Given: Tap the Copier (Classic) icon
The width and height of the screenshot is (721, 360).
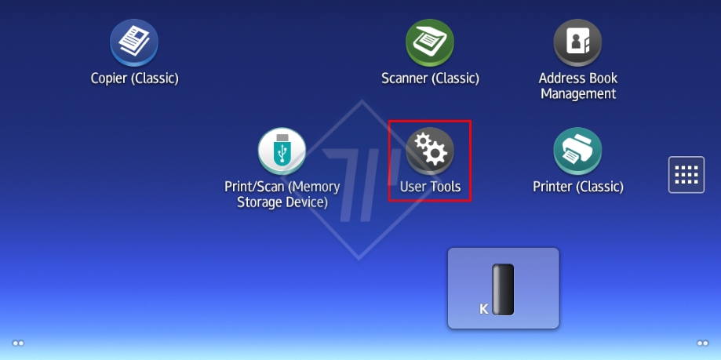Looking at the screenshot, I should point(134,42).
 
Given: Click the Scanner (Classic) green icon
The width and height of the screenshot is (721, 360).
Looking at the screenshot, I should point(430,42).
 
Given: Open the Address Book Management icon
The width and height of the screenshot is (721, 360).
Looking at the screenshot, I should point(577,42).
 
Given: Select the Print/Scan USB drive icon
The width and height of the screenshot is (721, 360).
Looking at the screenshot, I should point(282,151).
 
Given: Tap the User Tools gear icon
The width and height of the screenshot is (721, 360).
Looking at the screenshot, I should point(430,151).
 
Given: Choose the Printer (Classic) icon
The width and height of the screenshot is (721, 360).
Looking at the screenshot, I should point(577,151).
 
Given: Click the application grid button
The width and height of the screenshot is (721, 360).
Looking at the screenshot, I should point(686,174).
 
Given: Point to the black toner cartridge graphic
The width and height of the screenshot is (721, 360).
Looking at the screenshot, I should point(503,289).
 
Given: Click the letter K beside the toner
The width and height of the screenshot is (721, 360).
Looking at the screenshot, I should point(484,309).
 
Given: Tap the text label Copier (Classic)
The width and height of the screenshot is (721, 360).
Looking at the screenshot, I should point(134,78).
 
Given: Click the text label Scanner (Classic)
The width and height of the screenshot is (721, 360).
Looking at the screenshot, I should point(430,78).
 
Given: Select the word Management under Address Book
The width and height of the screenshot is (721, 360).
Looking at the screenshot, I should point(577,94).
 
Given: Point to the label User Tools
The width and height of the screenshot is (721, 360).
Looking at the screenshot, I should point(430,187).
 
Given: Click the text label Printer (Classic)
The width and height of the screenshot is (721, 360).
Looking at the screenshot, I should point(577,187).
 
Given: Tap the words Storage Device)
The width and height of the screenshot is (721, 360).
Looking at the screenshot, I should point(282,202).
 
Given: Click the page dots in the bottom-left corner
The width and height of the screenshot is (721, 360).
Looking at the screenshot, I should point(18,343).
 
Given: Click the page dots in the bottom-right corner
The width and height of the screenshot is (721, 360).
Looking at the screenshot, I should point(702,343).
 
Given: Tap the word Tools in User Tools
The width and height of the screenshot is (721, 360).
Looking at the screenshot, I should point(444,187).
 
